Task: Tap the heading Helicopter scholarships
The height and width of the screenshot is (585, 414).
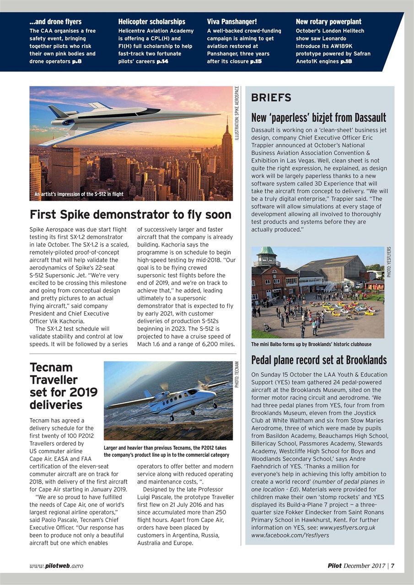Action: (x=151, y=21)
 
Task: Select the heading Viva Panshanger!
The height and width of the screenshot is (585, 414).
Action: (x=231, y=21)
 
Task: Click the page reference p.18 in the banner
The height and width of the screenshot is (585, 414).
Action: (x=346, y=61)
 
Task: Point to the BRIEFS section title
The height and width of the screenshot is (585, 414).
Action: (x=271, y=98)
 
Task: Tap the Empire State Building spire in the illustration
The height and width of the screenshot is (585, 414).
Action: (x=227, y=123)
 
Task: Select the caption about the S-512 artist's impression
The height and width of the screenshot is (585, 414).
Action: (x=79, y=194)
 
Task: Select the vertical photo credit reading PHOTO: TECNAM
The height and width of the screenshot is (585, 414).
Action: (x=237, y=375)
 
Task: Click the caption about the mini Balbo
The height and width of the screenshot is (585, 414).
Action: (x=311, y=344)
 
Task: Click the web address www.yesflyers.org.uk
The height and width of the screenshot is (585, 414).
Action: (x=347, y=527)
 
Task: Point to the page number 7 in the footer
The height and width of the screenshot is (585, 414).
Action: (x=392, y=566)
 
